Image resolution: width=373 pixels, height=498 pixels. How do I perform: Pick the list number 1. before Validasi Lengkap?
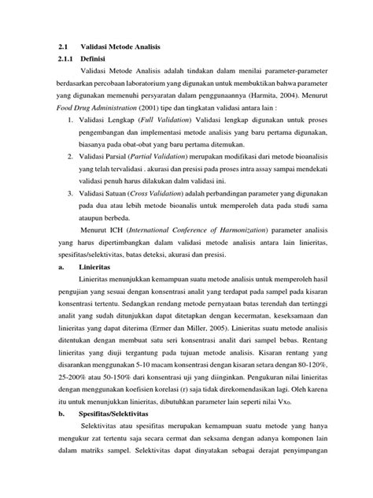pos(71,120)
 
